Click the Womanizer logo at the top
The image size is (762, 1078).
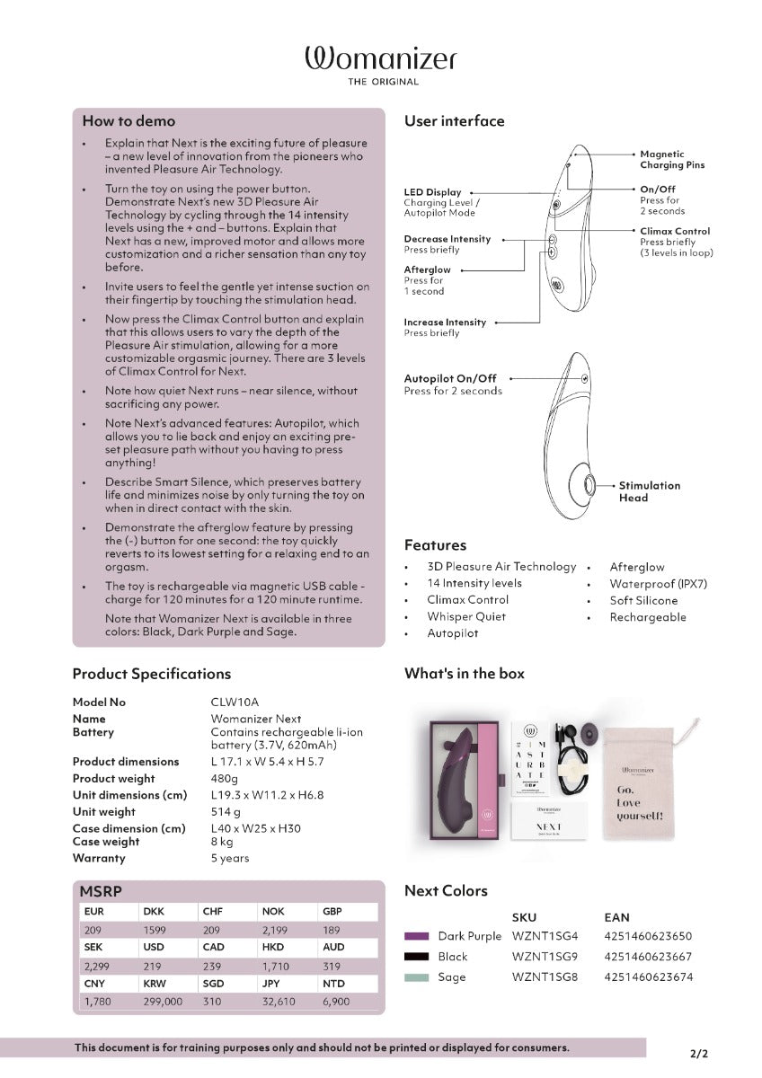point(381,66)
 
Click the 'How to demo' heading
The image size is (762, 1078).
point(128,120)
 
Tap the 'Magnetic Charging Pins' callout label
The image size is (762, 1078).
point(672,159)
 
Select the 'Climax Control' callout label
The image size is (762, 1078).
point(675,231)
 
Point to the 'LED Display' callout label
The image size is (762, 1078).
point(432,192)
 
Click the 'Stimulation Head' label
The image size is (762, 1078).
point(650,491)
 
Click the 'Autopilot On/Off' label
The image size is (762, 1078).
point(450,378)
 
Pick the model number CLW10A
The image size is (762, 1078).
point(235,702)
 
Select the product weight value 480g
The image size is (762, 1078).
point(225,778)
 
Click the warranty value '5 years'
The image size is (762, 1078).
point(230,858)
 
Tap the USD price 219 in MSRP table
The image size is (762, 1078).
point(153,966)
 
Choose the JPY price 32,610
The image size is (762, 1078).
point(279,1002)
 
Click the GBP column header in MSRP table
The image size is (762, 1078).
point(332,912)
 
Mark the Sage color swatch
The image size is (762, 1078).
point(416,977)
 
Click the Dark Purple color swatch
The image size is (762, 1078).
point(416,936)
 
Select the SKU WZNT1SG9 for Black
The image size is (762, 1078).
point(545,956)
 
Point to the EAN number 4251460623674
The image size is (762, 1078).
point(649,977)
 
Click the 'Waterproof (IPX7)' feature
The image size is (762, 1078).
point(658,584)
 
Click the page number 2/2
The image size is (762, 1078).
point(699,1054)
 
